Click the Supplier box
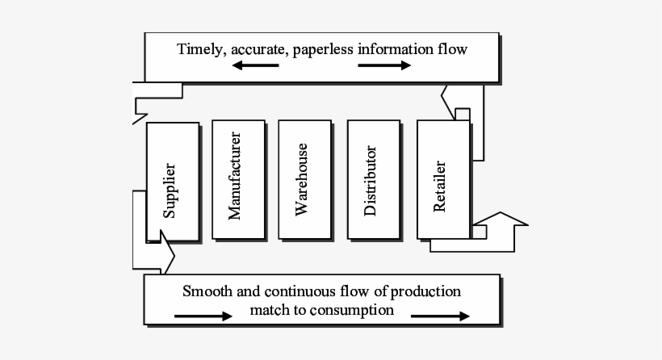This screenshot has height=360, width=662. pyautogui.click(x=171, y=182)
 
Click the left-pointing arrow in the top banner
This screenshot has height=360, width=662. pyautogui.click(x=255, y=66)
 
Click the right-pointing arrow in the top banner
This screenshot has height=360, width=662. pyautogui.click(x=384, y=66)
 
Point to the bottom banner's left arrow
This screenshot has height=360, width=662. pyautogui.click(x=203, y=316)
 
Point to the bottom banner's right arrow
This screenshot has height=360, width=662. pyautogui.click(x=440, y=316)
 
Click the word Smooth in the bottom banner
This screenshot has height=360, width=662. pyautogui.click(x=207, y=291)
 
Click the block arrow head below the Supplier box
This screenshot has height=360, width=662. pyautogui.click(x=166, y=255)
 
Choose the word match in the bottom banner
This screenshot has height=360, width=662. pyautogui.click(x=270, y=309)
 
